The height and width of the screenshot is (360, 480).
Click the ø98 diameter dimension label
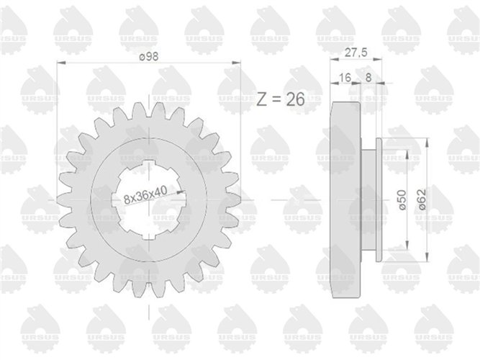point(148,57)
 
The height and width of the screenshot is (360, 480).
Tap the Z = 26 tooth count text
point(281,99)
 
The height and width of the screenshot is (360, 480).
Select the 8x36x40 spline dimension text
point(145,195)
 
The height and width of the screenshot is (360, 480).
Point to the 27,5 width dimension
point(356,53)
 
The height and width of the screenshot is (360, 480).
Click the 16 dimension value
point(345,78)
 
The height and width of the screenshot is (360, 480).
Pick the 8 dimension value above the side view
point(368,77)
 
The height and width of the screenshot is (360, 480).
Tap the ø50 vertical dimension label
point(402,199)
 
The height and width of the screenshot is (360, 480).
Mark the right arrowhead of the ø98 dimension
point(236,63)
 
